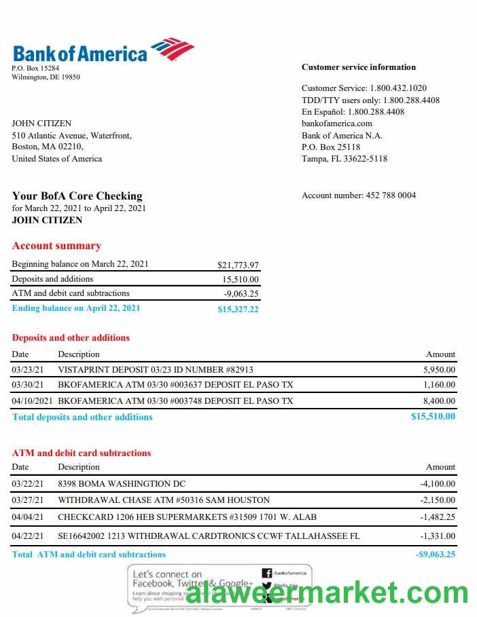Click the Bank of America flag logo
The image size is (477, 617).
point(172,49)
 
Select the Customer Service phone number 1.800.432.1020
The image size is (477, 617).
point(398,88)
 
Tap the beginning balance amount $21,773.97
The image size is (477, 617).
point(238,265)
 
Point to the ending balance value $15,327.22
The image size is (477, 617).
point(238,310)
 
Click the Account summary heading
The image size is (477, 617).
point(56,246)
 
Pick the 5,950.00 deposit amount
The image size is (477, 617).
point(439,370)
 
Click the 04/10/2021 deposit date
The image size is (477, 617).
point(31,401)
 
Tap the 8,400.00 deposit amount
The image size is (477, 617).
point(439,401)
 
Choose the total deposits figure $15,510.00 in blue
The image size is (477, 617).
point(433,417)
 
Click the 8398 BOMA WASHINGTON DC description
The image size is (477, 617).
point(122,484)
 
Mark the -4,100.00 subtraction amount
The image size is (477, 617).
point(438,484)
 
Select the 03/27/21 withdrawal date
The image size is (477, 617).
point(28,500)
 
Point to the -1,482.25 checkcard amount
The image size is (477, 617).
point(438,517)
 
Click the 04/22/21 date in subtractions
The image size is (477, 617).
point(28,536)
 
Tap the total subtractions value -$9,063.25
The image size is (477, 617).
point(435,555)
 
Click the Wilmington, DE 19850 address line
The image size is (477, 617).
point(46,77)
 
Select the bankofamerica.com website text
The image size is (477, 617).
point(337,124)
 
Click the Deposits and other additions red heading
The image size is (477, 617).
point(71,337)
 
